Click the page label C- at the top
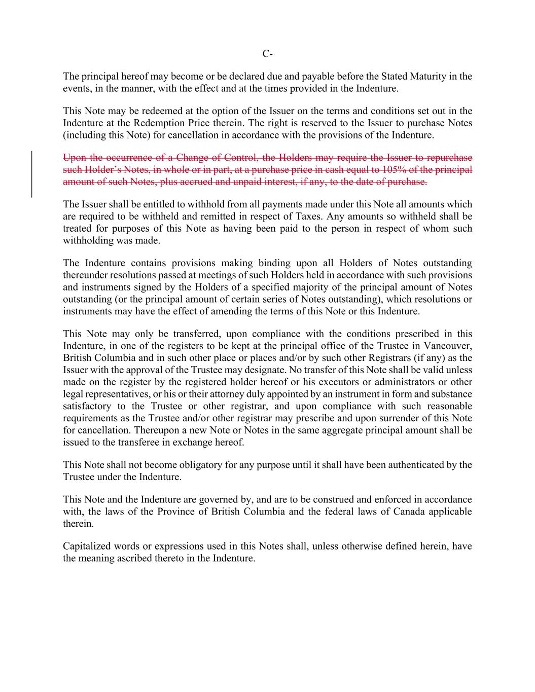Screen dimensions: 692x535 pos(267,54)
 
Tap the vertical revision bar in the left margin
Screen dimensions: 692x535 pos(32,173)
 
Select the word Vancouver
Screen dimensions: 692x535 pos(450,346)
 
